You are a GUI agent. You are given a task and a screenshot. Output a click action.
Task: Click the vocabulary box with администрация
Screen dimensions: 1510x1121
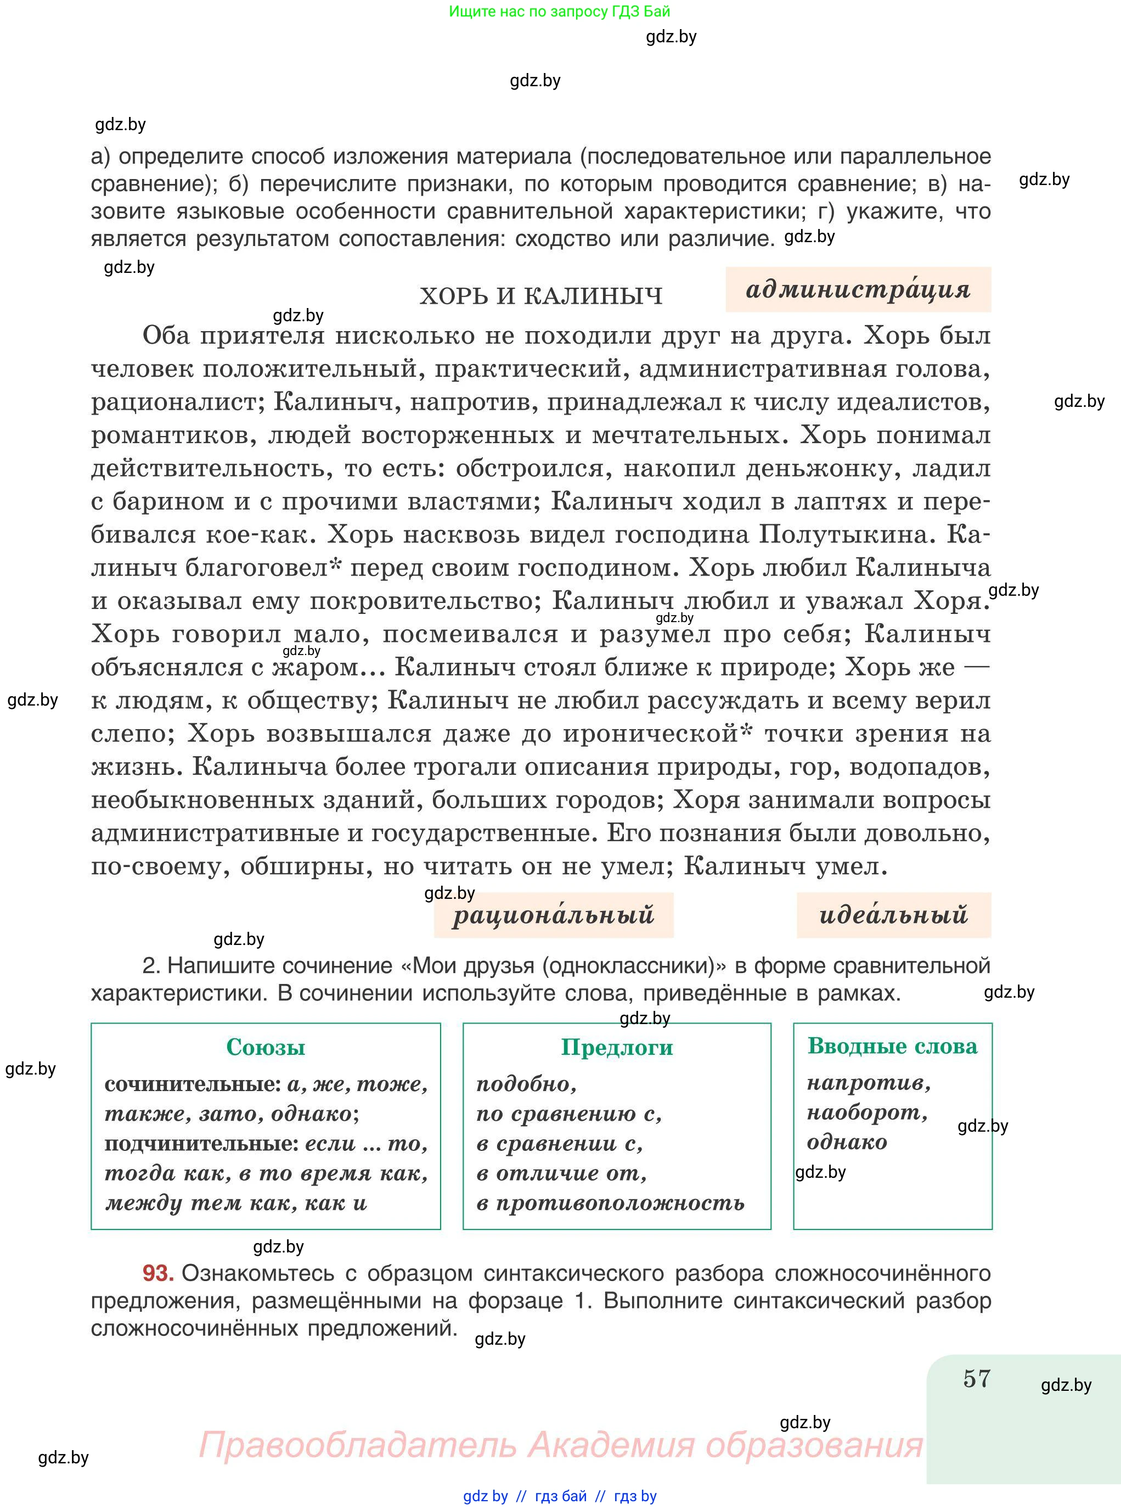click(x=858, y=289)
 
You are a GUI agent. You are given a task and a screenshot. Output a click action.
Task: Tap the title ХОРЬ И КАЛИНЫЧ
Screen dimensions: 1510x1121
click(x=541, y=297)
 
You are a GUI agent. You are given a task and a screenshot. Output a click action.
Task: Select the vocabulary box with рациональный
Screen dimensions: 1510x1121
click(x=553, y=915)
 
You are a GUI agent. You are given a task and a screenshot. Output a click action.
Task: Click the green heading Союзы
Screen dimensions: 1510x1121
click(x=266, y=1047)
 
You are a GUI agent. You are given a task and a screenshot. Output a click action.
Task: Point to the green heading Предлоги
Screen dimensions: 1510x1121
click(x=616, y=1047)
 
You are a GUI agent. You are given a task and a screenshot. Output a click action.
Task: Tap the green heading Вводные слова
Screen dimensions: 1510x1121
click(x=892, y=1045)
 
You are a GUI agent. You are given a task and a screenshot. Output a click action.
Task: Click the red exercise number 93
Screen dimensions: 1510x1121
click(x=158, y=1273)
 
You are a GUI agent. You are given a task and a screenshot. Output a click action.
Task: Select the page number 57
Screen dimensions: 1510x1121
click(x=977, y=1379)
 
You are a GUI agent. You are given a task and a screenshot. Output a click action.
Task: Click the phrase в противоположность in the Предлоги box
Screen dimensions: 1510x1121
click(x=610, y=1203)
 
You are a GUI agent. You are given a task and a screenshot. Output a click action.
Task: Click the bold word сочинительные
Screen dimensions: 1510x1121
click(x=193, y=1084)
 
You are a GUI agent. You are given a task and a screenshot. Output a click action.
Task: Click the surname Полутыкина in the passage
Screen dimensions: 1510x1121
click(x=843, y=534)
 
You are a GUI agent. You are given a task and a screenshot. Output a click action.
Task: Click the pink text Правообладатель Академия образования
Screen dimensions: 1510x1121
click(x=561, y=1445)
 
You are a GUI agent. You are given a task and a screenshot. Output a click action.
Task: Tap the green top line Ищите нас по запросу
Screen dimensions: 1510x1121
click(x=559, y=12)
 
